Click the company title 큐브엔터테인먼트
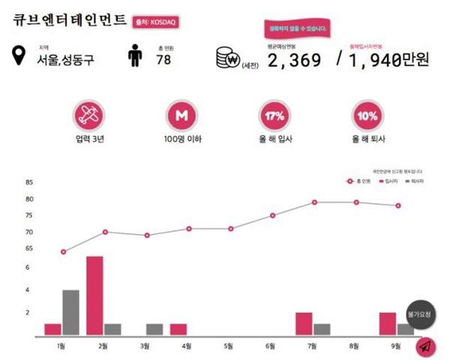[68, 22]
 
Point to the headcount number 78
[163, 60]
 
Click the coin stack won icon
[226, 58]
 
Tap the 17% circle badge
[273, 116]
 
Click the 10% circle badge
[367, 116]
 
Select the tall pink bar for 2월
[94, 295]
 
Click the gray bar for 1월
[71, 312]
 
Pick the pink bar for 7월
[304, 323]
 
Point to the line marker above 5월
[230, 229]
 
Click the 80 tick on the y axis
[29, 199]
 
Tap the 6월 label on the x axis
[272, 346]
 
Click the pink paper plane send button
[425, 346]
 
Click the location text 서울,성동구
[66, 61]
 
